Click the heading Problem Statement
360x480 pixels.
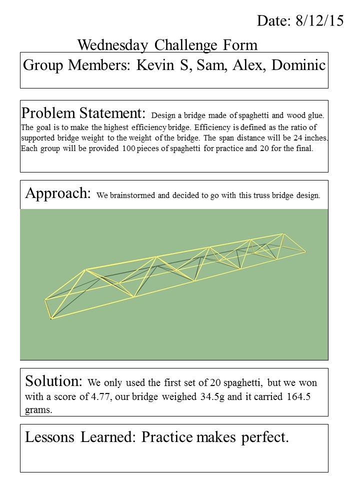[83, 112]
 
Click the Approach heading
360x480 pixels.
[57, 193]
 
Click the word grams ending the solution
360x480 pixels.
[38, 409]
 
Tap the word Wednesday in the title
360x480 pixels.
[113, 45]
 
